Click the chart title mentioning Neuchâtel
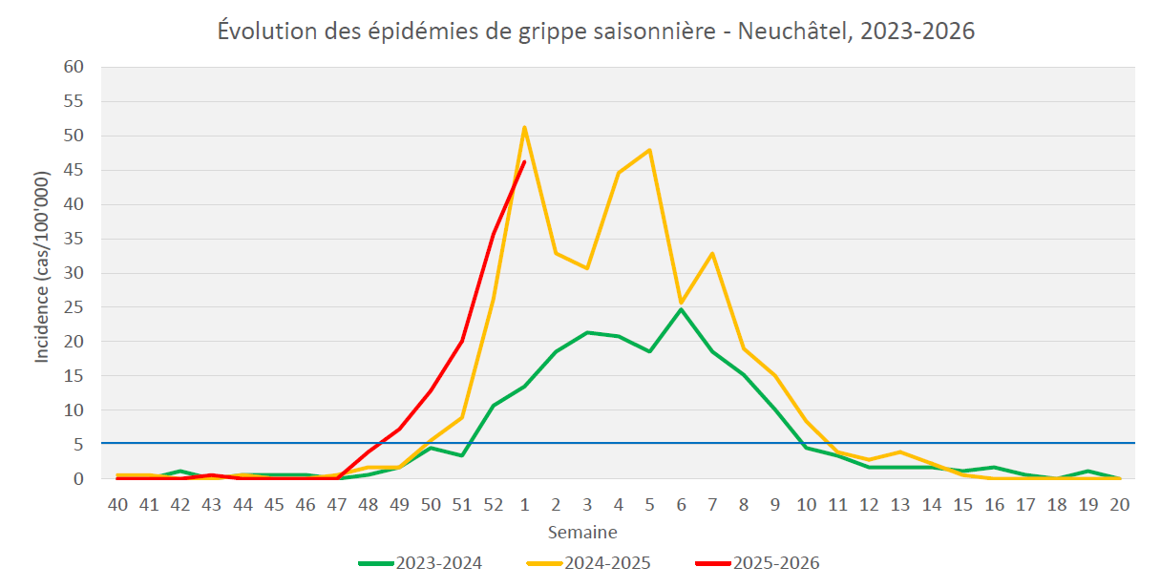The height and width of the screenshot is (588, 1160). tap(596, 31)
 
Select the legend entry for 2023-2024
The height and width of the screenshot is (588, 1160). tap(420, 562)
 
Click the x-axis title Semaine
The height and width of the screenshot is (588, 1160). tap(581, 532)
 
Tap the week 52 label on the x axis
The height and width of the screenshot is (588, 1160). tap(493, 503)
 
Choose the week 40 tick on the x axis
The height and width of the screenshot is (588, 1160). tap(117, 503)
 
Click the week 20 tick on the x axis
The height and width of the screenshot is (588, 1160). tap(1120, 503)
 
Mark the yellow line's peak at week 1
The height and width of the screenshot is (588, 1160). tap(524, 127)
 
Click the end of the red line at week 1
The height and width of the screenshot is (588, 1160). tap(524, 161)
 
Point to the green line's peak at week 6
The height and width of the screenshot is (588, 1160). tap(682, 309)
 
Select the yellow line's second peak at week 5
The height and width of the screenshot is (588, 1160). tap(650, 150)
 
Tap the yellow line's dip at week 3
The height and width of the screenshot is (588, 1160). tap(587, 268)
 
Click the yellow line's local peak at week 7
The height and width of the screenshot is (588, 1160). tap(712, 253)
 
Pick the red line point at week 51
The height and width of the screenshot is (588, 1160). tap(462, 341)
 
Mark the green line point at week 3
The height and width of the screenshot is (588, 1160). tap(587, 332)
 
